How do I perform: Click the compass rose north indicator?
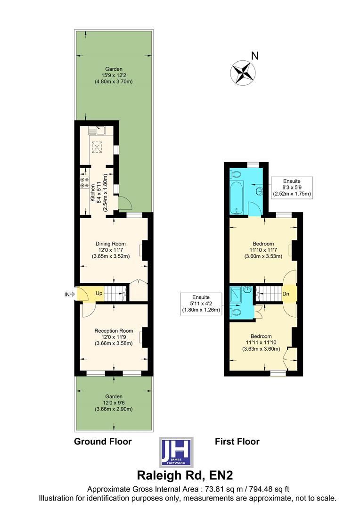click(243, 72)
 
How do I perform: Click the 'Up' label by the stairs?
click(99, 293)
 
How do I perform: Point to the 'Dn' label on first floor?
click(286, 293)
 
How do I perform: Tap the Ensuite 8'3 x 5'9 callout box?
click(292, 187)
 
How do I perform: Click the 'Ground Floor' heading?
click(103, 442)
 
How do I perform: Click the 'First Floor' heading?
click(237, 442)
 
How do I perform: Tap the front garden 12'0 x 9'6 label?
click(114, 402)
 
